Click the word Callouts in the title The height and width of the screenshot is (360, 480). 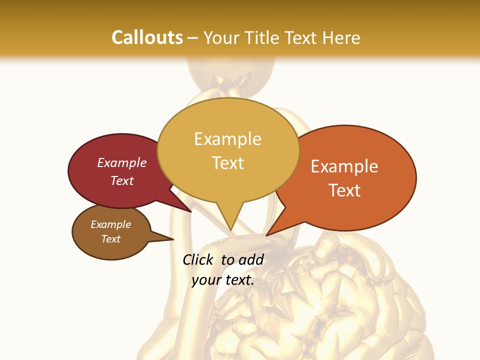147,37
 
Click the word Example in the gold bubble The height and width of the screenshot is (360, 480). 227,139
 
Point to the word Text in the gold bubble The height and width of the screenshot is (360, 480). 227,162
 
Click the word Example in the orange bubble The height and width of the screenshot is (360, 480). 344,166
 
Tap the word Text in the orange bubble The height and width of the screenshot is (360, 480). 344,190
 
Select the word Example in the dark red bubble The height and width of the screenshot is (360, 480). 122,163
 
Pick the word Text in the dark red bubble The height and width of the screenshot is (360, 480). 122,180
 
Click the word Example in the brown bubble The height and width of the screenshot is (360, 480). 111,224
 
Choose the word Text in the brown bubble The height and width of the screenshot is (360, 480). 111,239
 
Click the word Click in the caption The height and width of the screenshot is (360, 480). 198,259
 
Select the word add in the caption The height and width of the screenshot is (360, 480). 251,259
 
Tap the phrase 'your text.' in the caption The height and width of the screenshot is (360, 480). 223,280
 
